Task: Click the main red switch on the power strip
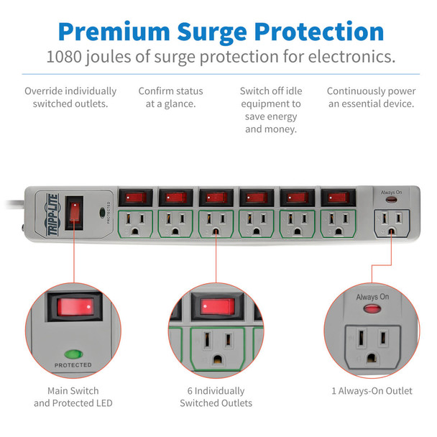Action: point(74,212)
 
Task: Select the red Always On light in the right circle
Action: point(372,309)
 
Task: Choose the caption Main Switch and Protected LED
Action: point(73,397)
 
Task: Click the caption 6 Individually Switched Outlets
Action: point(216,397)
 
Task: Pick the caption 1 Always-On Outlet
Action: point(372,391)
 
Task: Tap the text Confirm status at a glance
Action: point(170,98)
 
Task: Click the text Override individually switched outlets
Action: point(70,98)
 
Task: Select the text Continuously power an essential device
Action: point(371,98)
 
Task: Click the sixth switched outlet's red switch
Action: point(336,196)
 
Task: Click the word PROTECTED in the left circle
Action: point(73,365)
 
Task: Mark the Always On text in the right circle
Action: point(372,296)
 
